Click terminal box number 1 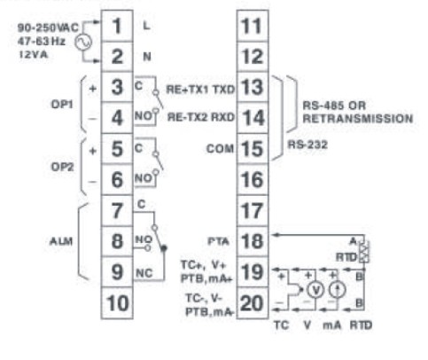(x=117, y=26)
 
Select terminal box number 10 (x=117, y=303)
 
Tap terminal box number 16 (x=253, y=179)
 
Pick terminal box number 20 (x=253, y=303)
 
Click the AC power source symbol (x=82, y=43)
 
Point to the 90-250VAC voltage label (x=48, y=27)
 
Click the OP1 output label (x=62, y=105)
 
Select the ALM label (x=61, y=241)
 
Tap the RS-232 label (x=307, y=145)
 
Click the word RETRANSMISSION (x=358, y=119)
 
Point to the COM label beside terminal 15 (x=220, y=148)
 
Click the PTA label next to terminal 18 (x=218, y=241)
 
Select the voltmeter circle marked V (x=316, y=290)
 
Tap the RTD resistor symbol (x=363, y=252)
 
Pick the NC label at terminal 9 (x=144, y=273)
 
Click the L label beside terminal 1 (x=146, y=26)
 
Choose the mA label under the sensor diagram (x=332, y=325)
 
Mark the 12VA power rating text (x=33, y=55)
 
